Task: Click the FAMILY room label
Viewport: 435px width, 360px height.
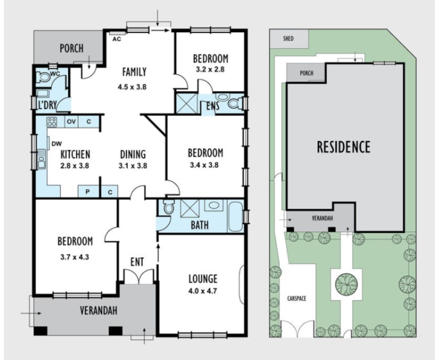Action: (x=134, y=72)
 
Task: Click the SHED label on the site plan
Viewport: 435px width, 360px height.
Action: (x=288, y=38)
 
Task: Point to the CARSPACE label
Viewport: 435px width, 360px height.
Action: (x=297, y=298)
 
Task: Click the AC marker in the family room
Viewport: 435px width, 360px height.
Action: (x=116, y=39)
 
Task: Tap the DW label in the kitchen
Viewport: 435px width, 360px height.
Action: (x=56, y=143)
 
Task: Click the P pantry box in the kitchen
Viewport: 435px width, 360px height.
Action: (x=87, y=192)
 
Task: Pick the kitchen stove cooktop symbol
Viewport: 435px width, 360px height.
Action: (x=52, y=122)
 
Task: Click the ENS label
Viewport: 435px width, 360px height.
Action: (x=211, y=105)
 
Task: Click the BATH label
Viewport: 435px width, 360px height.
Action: (x=199, y=226)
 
